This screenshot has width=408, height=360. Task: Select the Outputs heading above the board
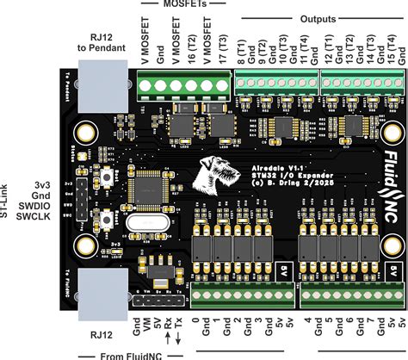(319, 18)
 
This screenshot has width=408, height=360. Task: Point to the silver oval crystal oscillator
(144, 226)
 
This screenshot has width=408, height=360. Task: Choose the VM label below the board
(147, 328)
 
